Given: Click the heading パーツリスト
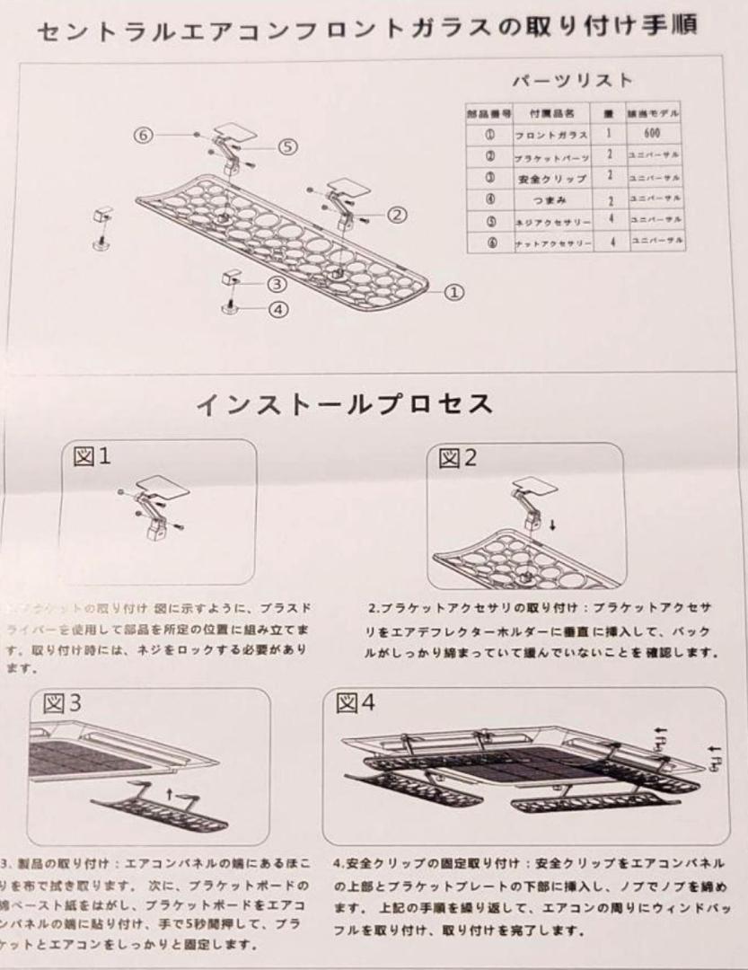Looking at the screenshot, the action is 572,79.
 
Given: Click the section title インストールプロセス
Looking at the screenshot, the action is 345,404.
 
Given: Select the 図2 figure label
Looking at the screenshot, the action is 458,459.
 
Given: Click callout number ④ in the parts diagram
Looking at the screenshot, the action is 279,309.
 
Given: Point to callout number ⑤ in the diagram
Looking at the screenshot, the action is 286,147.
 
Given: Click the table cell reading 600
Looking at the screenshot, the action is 655,133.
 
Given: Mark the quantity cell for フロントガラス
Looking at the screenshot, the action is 609,133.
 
